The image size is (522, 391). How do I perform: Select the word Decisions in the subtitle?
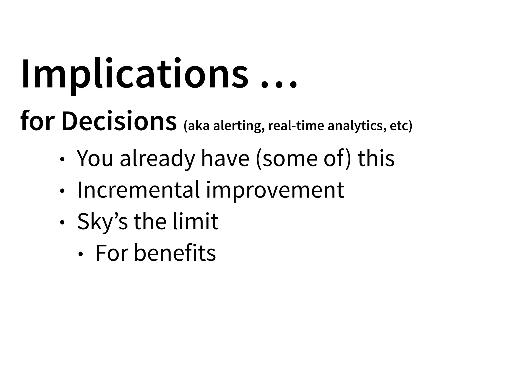119,121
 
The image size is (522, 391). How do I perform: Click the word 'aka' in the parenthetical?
197,126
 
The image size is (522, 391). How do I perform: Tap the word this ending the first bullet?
376,158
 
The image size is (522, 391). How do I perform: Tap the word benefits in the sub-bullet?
175,253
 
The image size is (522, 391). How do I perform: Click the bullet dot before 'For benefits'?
81,254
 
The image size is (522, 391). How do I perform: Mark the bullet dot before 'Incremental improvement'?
62,191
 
